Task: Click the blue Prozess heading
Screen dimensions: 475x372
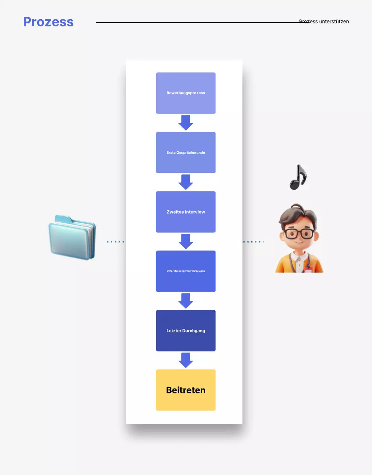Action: [x=48, y=22]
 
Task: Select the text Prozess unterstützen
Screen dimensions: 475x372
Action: [x=324, y=22]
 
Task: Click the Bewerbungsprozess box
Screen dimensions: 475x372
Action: [x=186, y=93]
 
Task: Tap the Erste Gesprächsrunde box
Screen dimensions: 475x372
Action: [x=186, y=153]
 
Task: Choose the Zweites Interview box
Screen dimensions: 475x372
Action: [x=186, y=212]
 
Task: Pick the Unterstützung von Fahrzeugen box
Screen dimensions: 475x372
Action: [x=186, y=271]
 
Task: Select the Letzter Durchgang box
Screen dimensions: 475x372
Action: [x=186, y=331]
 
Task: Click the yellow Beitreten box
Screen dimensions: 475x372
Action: [x=186, y=390]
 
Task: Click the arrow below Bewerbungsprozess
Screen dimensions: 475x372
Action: [x=186, y=122]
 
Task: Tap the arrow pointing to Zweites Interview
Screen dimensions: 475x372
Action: [x=186, y=182]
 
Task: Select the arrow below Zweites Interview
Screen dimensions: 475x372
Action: [x=186, y=241]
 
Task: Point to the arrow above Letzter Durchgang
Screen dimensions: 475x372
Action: [x=186, y=301]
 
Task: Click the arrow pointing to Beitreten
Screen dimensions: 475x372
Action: [x=186, y=360]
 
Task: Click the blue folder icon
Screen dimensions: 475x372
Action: [x=72, y=238]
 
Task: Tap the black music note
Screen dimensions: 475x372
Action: [x=298, y=177]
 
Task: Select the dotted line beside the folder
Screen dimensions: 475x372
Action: [x=116, y=242]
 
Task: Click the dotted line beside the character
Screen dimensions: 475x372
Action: [x=253, y=242]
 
